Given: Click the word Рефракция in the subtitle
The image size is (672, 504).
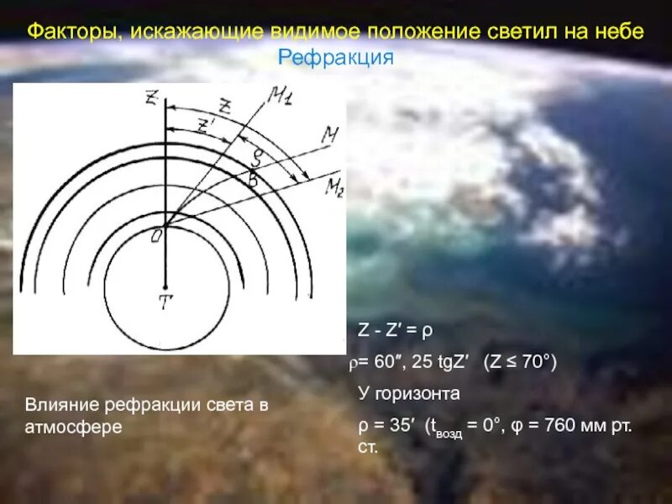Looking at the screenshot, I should [x=336, y=57].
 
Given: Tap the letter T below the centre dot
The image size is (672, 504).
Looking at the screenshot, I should [x=165, y=303].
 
